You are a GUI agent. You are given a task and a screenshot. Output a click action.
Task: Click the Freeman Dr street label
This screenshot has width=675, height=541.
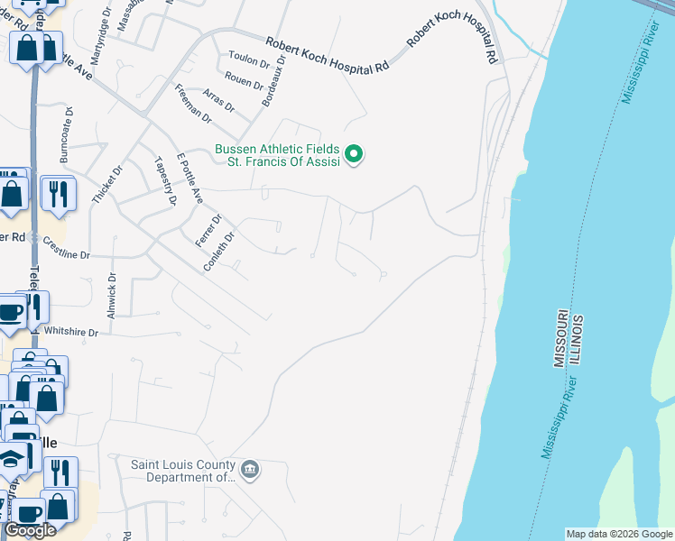coord(192,104)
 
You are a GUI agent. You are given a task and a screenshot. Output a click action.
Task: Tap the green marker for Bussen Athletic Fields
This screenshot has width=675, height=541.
coord(355,155)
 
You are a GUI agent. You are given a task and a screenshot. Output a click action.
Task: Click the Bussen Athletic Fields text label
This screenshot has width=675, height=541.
coord(276,150)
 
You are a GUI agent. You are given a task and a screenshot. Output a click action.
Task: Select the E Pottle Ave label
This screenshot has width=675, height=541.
coord(190,178)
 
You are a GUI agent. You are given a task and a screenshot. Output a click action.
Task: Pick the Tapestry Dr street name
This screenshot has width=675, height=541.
coord(164,180)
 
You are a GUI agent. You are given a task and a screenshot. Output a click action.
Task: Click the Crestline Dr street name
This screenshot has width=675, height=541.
coord(67,255)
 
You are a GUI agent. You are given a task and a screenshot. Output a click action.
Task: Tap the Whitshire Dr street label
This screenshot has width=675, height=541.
coord(71,332)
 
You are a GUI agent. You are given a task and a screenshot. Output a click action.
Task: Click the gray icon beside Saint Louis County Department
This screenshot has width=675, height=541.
coord(251,468)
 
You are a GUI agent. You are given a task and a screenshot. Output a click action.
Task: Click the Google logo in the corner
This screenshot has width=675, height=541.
coord(30,529)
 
